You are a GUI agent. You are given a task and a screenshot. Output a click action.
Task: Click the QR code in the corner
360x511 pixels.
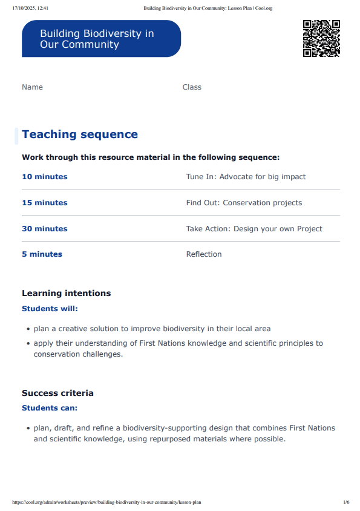(x=321, y=38)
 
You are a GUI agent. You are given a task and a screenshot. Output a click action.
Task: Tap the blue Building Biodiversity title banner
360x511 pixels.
(x=101, y=39)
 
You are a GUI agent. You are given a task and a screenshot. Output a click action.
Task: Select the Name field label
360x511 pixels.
(x=32, y=87)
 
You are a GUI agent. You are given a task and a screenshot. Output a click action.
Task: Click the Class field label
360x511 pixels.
(x=192, y=87)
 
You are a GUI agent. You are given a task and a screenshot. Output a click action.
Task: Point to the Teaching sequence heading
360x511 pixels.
(x=80, y=134)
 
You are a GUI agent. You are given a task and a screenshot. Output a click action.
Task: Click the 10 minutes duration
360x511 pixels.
(x=45, y=177)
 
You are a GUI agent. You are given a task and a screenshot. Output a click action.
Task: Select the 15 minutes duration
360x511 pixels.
(x=45, y=203)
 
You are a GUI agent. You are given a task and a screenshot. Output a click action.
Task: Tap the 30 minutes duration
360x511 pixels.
(x=45, y=229)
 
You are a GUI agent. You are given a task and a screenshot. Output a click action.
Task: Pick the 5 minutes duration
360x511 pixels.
(x=42, y=254)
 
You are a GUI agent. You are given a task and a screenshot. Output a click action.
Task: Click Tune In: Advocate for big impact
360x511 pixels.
(x=246, y=177)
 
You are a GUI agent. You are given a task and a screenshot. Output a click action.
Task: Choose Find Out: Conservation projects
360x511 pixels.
(x=244, y=203)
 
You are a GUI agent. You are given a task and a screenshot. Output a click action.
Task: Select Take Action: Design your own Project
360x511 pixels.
(x=254, y=229)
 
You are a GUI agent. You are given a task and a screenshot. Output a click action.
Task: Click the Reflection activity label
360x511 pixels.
(x=204, y=254)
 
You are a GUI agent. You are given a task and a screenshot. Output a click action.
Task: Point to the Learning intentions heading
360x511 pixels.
(x=67, y=293)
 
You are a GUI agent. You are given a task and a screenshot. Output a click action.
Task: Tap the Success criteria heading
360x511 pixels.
(x=57, y=393)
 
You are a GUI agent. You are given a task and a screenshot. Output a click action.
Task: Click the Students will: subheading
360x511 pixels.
(x=50, y=309)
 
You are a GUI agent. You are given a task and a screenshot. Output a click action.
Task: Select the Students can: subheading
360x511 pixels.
(x=50, y=408)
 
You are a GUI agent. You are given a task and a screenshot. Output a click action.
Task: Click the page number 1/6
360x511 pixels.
(x=346, y=502)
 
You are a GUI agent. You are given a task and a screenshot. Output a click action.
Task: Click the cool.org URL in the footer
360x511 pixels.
(x=106, y=502)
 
